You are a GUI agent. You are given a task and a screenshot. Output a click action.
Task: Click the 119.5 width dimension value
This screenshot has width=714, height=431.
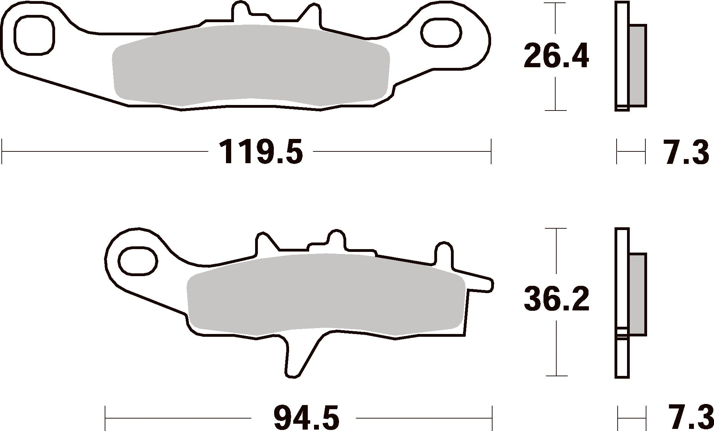261,151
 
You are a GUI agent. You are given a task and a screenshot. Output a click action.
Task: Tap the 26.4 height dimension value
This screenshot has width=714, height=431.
556,56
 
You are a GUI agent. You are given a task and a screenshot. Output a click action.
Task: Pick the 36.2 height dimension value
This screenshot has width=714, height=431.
556,299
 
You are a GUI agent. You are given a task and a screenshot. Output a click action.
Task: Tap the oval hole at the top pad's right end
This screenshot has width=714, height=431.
441,34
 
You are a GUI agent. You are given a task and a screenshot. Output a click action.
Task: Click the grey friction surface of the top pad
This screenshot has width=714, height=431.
252,65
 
